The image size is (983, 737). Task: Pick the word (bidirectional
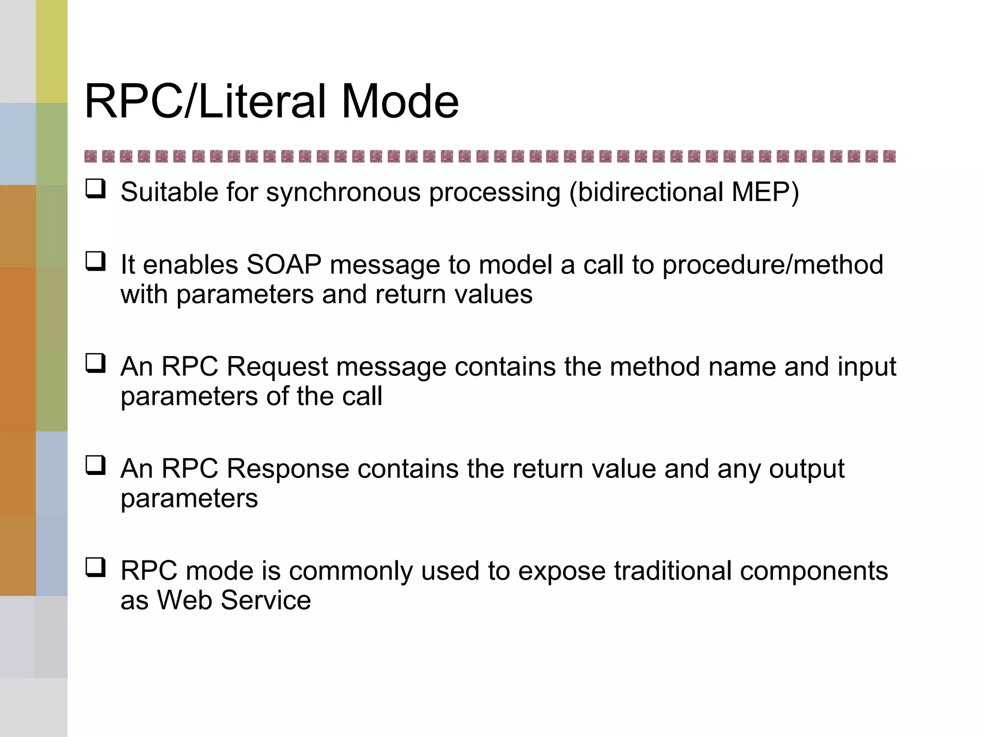click(646, 192)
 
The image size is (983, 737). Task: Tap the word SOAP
click(283, 264)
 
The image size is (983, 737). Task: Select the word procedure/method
click(772, 265)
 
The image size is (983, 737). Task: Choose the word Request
click(277, 367)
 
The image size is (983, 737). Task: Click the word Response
click(288, 469)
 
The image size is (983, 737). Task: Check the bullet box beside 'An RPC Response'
click(96, 465)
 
